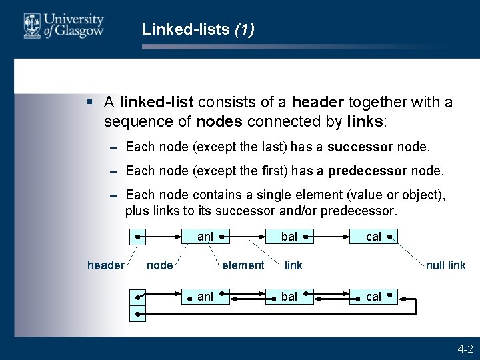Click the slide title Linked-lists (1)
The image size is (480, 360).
click(198, 30)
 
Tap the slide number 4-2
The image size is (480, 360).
click(465, 349)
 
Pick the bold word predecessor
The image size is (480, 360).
click(367, 171)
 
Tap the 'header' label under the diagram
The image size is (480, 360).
click(105, 265)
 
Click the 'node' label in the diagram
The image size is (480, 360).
click(159, 265)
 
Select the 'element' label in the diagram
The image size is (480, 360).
click(243, 265)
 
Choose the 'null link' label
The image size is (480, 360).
click(446, 265)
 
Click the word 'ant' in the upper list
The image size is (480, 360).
click(205, 237)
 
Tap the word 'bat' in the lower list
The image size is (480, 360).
click(289, 297)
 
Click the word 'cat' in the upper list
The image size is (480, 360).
click(374, 237)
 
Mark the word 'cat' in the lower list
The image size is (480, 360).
click(374, 297)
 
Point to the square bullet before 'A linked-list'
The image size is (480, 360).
click(89, 103)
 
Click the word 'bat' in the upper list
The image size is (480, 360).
click(289, 237)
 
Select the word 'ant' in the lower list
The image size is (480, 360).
click(205, 297)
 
